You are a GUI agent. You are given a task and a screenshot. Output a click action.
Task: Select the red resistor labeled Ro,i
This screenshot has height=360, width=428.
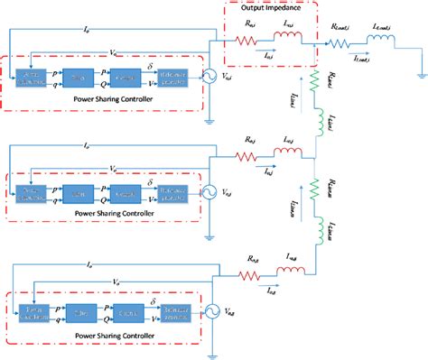[x=247, y=41]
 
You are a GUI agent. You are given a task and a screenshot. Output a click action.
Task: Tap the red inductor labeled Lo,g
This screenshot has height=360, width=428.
[x=293, y=267]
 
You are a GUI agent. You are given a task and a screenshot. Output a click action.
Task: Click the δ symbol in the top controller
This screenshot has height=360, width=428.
[x=150, y=65]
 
